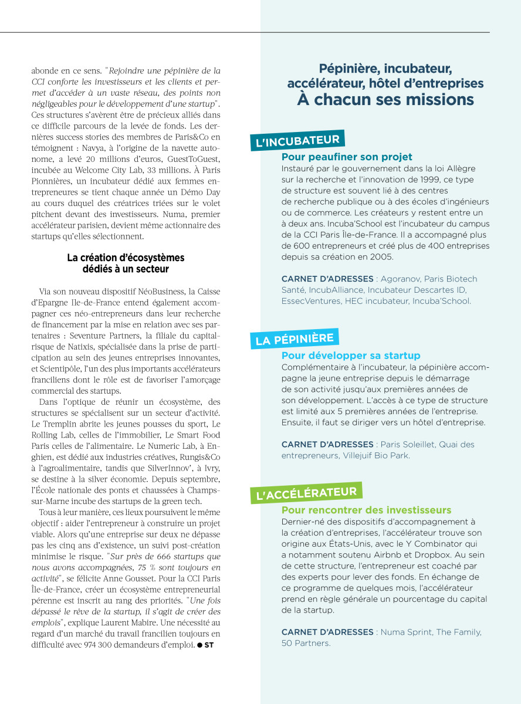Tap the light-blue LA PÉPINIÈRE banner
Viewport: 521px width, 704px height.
point(296,339)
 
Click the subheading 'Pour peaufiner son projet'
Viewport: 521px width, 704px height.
point(347,157)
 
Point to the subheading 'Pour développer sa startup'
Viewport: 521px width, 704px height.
point(351,356)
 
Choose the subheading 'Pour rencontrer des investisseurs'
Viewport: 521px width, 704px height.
point(366,510)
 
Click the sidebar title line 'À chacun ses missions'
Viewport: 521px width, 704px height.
point(385,100)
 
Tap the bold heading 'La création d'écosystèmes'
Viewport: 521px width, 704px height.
point(126,258)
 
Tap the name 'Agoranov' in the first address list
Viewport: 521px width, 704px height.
point(400,279)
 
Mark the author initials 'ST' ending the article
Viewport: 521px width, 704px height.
point(209,645)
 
